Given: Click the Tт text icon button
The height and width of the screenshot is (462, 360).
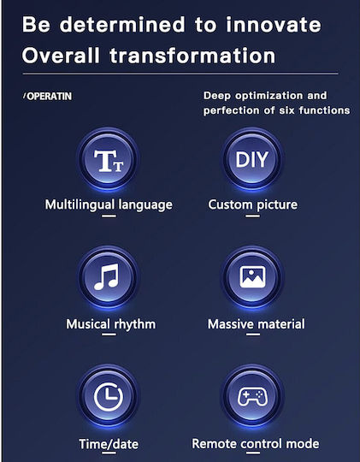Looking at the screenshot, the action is click(x=108, y=160).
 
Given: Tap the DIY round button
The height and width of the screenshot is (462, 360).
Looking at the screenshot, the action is click(x=252, y=160).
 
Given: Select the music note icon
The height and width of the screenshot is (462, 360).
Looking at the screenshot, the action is click(x=107, y=276).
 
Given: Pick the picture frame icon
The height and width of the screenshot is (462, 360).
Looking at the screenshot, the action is click(x=252, y=277).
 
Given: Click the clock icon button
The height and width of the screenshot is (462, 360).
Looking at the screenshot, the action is click(x=108, y=397).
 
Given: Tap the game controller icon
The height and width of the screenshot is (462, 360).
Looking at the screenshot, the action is click(x=252, y=396).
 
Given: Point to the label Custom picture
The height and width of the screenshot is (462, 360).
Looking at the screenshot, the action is click(x=253, y=204).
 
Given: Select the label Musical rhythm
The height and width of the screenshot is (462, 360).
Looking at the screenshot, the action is click(x=111, y=324).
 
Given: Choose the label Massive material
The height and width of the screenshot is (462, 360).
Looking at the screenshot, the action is click(x=257, y=324).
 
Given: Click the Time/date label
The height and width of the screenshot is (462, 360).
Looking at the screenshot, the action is click(x=109, y=444).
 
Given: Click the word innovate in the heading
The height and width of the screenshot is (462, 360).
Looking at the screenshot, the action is click(x=274, y=25).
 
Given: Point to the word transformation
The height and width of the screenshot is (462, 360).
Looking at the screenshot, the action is click(x=192, y=56).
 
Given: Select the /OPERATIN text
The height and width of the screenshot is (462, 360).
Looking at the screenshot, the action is click(x=47, y=97).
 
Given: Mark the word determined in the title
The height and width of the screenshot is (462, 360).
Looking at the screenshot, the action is click(x=122, y=25).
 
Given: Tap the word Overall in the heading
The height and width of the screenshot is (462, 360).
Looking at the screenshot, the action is click(x=61, y=56).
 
